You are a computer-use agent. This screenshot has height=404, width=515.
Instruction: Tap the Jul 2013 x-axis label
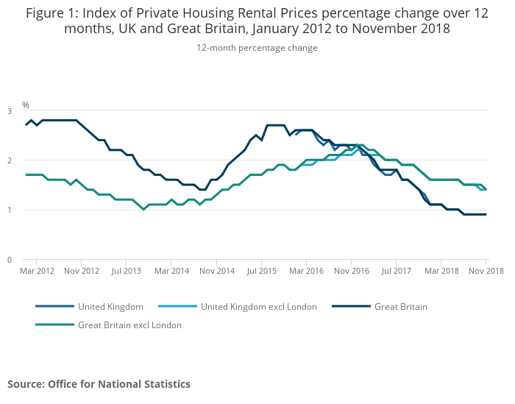(x=126, y=271)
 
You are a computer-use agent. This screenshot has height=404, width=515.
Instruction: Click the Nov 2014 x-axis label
(x=216, y=271)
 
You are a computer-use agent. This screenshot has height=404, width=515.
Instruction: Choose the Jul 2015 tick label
(x=261, y=271)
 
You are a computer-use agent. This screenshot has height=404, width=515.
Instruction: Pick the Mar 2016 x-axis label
(x=306, y=271)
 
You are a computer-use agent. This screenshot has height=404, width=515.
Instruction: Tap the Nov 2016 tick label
(x=352, y=271)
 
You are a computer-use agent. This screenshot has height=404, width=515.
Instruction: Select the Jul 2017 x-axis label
(x=396, y=271)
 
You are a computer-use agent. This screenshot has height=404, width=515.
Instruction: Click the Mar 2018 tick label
(x=441, y=271)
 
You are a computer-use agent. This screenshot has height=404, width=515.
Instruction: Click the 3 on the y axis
(x=10, y=111)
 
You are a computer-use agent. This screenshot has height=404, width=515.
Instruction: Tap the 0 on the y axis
(x=10, y=260)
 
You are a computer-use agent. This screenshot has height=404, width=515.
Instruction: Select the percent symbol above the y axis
(x=26, y=105)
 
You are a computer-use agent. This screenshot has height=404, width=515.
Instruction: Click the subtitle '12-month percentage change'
(x=257, y=48)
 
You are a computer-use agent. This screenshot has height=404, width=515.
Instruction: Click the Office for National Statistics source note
(x=99, y=384)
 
